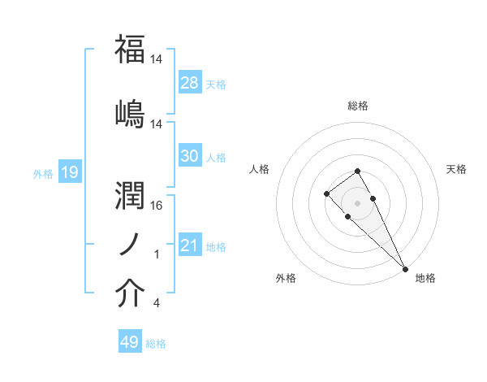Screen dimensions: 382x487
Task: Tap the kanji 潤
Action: pos(130,195)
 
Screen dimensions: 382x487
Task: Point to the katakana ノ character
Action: pos(130,245)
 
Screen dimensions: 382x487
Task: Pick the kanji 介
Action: pos(130,294)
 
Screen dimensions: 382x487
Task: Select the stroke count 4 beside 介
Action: pos(156,304)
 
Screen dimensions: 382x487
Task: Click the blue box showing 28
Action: pos(190,83)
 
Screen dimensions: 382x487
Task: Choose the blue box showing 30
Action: pos(190,156)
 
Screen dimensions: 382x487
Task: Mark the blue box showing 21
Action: pos(190,245)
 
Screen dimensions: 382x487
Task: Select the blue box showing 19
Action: pos(70,172)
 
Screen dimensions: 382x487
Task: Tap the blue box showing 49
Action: pos(130,342)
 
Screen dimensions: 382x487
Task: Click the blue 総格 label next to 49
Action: pos(156,344)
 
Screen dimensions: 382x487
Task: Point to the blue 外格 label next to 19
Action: pos(43,173)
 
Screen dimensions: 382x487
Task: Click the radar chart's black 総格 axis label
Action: pos(358,106)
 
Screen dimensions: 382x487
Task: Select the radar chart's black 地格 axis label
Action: pos(425,278)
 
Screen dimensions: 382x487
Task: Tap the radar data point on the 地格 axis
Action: pos(405,268)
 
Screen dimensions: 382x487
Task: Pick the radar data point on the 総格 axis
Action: pos(357,171)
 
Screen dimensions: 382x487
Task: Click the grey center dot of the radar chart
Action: pos(357,202)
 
